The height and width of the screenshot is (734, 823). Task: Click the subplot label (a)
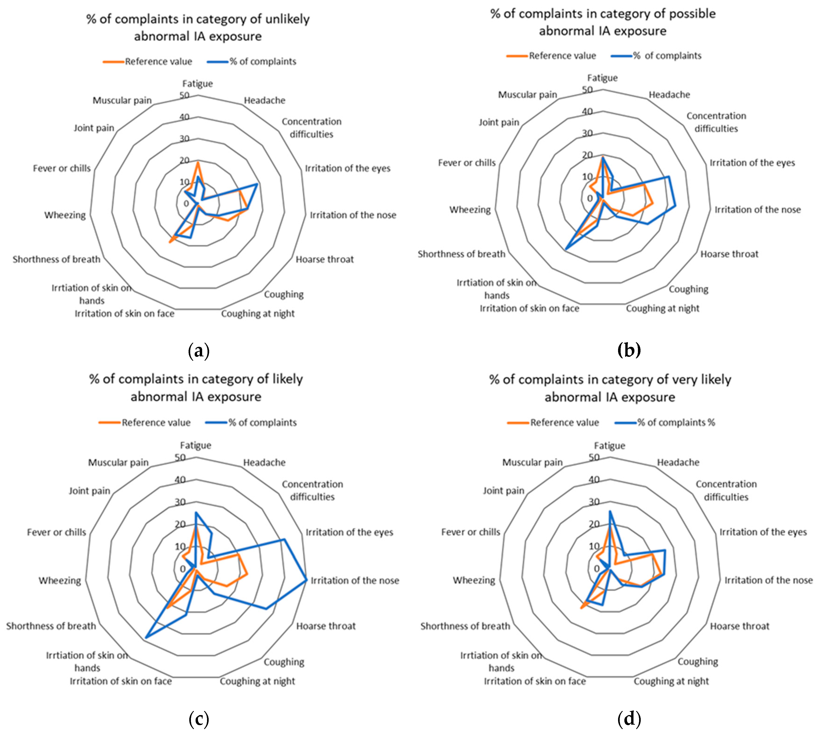199,351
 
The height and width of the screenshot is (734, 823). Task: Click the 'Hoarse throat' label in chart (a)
325,259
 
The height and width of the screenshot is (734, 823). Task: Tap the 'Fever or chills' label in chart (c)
57,532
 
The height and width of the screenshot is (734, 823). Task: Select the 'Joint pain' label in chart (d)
504,491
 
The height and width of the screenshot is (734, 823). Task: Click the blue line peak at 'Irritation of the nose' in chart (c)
306,580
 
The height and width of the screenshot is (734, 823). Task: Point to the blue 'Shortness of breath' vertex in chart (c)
146,638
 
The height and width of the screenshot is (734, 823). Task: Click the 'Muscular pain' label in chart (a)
122,100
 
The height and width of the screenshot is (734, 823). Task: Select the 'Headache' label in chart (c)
264,463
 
